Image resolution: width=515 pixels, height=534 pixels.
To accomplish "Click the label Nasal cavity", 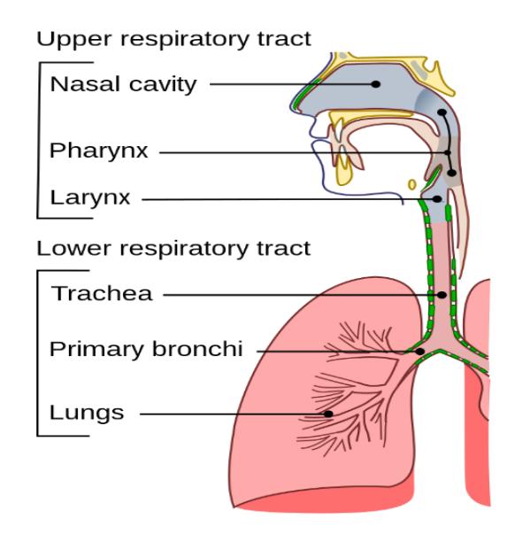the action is click(123, 84).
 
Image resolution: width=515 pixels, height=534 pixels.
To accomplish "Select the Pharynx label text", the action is click(99, 151).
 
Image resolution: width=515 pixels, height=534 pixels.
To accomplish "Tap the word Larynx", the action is click(90, 198).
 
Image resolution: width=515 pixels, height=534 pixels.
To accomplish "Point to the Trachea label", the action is click(102, 293).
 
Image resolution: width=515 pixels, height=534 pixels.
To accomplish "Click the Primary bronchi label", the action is click(146, 350).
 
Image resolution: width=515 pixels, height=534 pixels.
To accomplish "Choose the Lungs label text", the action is click(87, 413).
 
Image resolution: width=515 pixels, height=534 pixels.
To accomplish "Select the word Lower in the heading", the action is click(73, 248).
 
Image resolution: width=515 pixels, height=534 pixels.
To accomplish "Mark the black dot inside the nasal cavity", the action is click(376, 84).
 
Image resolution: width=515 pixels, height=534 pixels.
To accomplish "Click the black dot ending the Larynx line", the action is click(437, 199).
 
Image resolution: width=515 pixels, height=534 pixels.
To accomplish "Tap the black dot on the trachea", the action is click(442, 295).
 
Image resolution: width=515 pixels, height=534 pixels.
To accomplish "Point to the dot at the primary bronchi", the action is click(420, 351).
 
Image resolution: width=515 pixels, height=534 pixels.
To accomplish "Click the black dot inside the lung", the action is click(328, 414).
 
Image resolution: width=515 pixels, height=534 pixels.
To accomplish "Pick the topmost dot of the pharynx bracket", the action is click(442, 112).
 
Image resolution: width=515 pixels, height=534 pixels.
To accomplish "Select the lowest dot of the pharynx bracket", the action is click(451, 173).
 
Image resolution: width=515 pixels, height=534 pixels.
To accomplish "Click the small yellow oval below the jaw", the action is click(412, 185).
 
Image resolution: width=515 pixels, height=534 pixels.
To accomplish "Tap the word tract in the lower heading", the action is click(283, 248).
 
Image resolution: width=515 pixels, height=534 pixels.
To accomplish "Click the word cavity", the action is click(163, 84).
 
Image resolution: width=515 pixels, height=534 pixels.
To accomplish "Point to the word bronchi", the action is click(197, 349).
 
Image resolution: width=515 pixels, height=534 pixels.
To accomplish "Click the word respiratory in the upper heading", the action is click(184, 40).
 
